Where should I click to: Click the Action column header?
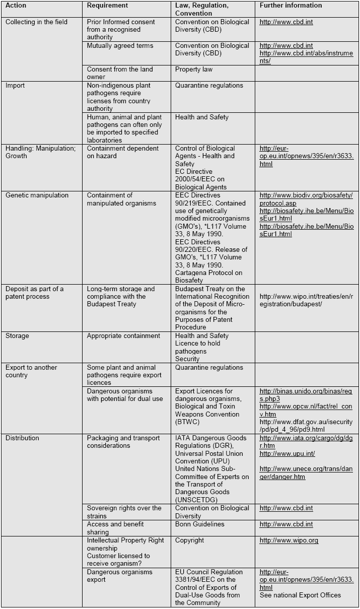(x=16, y=6)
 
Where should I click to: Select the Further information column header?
(x=291, y=6)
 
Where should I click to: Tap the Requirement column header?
(x=107, y=6)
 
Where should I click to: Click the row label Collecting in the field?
(x=36, y=22)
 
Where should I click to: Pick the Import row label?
(x=15, y=86)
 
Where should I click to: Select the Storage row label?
(x=17, y=336)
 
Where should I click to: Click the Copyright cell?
(x=190, y=540)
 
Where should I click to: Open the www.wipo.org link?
(x=289, y=540)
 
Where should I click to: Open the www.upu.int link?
(x=287, y=454)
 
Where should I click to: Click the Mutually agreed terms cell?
(x=120, y=46)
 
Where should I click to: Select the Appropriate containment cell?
(x=123, y=336)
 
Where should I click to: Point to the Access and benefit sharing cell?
(x=115, y=528)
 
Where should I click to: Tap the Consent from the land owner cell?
(x=120, y=73)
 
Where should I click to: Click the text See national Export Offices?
(x=300, y=595)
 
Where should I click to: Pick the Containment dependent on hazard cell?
(x=123, y=152)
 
